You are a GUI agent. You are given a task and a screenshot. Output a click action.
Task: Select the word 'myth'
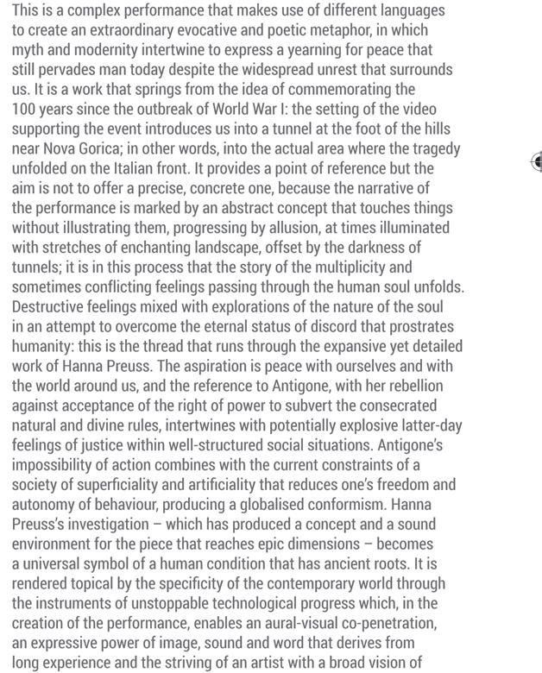pos(28,50)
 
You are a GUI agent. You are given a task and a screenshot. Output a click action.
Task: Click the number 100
pos(24,109)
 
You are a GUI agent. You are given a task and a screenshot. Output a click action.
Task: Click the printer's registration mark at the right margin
pos(536,161)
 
